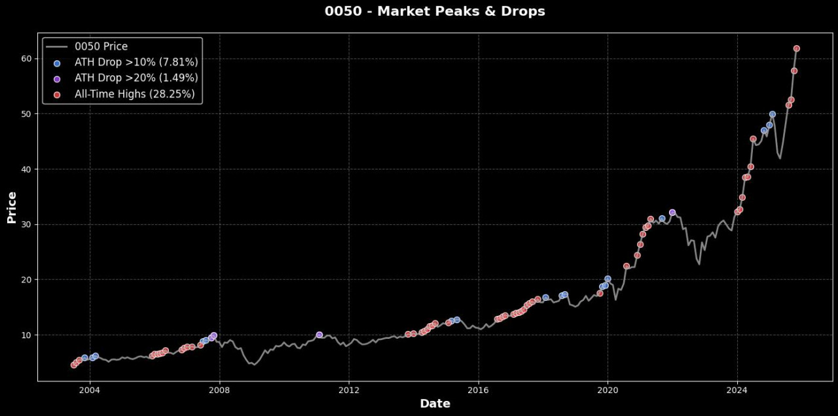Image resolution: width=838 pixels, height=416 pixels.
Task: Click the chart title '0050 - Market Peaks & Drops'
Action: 435,11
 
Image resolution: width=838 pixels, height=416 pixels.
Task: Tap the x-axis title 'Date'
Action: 435,404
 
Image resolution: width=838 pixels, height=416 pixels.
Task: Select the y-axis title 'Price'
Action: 12,207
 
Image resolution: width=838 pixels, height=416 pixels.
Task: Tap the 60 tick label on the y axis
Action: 27,59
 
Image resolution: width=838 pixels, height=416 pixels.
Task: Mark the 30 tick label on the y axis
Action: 27,224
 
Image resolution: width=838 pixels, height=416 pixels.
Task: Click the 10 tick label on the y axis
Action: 27,335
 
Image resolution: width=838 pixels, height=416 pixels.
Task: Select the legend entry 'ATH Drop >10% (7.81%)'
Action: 136,63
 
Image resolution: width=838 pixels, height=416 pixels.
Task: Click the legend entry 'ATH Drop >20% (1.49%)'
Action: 136,78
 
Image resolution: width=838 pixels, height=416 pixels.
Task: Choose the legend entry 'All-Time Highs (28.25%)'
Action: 135,94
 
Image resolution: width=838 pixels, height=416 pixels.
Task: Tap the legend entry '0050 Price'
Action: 101,47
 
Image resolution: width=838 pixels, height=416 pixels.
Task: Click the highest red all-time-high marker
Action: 797,48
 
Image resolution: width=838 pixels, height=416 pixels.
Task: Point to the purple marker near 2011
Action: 319,335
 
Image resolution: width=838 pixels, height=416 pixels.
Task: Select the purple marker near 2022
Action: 672,213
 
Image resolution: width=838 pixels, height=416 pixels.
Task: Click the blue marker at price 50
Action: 773,114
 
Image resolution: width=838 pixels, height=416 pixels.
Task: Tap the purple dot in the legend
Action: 57,79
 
